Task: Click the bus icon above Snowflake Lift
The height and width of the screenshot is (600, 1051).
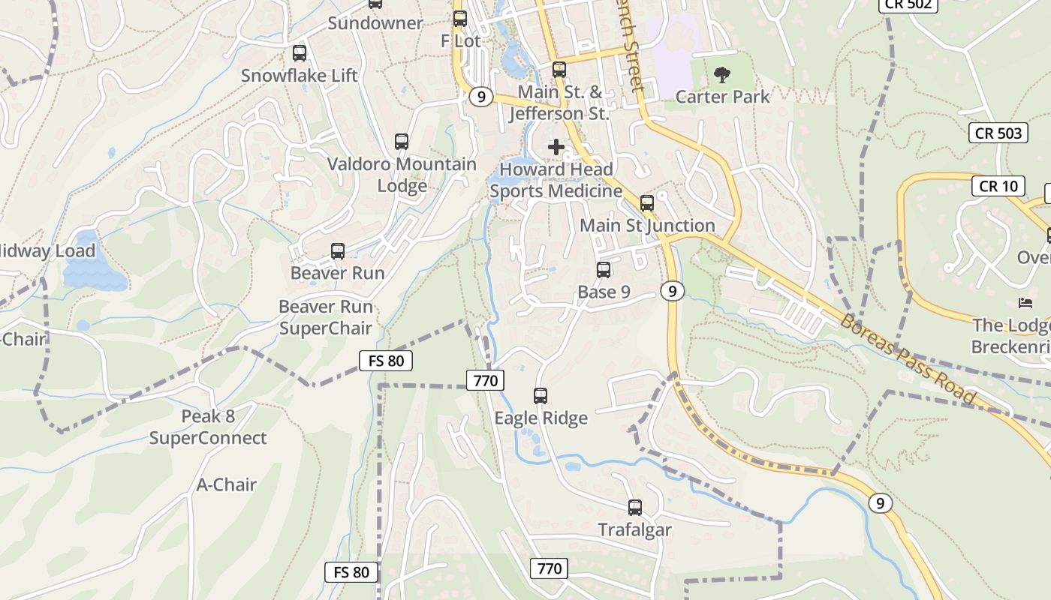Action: [300, 53]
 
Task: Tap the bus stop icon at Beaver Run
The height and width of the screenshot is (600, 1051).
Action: [338, 251]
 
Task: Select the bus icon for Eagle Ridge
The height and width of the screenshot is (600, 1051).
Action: [541, 396]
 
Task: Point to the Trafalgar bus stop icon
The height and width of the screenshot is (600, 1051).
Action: [635, 508]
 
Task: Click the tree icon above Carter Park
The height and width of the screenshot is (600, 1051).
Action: [722, 74]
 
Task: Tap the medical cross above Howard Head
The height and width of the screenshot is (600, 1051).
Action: [556, 147]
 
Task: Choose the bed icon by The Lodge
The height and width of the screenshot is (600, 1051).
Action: [1025, 303]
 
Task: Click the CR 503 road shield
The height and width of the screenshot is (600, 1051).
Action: [998, 133]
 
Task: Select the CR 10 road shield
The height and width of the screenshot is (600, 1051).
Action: [998, 185]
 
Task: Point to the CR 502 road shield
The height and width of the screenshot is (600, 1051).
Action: [908, 4]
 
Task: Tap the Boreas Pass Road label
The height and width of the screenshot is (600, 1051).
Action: [908, 359]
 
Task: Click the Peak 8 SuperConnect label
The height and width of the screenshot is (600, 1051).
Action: [208, 427]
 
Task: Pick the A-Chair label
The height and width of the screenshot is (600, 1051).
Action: [227, 484]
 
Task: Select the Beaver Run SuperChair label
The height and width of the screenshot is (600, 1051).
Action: [326, 317]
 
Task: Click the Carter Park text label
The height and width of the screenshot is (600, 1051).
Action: [723, 97]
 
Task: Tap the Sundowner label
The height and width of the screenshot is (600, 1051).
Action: [375, 23]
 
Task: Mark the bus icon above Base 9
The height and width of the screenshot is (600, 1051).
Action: [604, 270]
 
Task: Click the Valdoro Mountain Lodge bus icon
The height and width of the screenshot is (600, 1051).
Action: [402, 142]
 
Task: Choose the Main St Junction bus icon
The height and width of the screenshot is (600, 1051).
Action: [647, 203]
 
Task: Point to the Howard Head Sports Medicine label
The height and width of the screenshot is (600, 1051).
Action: [556, 180]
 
